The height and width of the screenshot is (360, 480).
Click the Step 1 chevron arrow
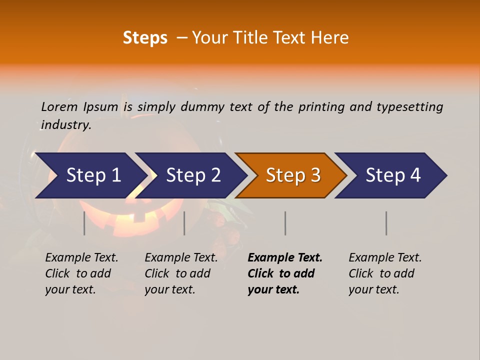(93, 175)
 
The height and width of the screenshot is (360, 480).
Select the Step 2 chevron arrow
(192, 175)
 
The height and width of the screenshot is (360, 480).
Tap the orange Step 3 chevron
(292, 175)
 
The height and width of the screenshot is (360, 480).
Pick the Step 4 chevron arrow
(392, 175)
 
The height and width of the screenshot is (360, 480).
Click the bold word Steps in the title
(145, 38)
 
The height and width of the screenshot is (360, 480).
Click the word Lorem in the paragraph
(59, 107)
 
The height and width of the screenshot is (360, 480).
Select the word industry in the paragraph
(66, 125)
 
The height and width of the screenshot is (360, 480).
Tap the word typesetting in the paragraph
(409, 107)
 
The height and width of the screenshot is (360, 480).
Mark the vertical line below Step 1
(84, 223)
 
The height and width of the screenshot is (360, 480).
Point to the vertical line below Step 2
(184, 223)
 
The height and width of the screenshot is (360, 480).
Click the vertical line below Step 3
(285, 223)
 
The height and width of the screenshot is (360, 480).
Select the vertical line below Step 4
(386, 223)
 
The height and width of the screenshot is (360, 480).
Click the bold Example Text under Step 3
(285, 258)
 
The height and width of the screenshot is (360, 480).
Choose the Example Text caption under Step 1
(81, 258)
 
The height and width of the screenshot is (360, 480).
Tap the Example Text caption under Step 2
(181, 258)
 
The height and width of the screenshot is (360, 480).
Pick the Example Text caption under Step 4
(385, 258)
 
